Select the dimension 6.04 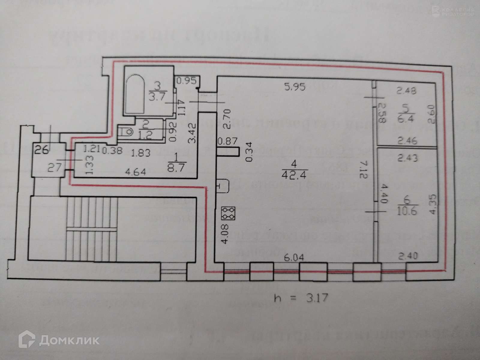point(295,257)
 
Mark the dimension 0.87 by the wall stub point(228,141)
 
